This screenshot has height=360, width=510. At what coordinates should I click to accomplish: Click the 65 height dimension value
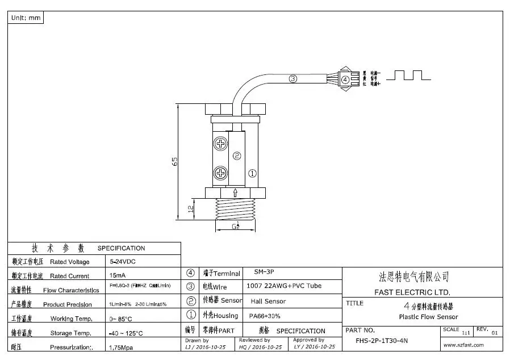(x=175, y=161)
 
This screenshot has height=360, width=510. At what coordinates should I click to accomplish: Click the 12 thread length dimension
(x=191, y=210)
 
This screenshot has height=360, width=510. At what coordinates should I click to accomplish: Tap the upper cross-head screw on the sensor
(x=219, y=143)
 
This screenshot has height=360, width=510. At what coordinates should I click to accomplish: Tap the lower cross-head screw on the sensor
(x=219, y=172)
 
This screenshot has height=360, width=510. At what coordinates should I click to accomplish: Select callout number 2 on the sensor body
(x=237, y=156)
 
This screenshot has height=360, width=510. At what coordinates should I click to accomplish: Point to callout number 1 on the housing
(x=253, y=173)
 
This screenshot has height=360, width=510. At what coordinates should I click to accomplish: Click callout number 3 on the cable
(x=292, y=79)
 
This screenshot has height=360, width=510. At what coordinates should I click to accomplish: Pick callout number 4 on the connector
(x=345, y=79)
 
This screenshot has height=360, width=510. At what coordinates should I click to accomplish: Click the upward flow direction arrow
(x=236, y=192)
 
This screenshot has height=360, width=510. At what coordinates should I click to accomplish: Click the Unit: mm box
(x=26, y=18)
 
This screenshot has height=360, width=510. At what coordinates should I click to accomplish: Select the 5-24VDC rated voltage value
(x=122, y=262)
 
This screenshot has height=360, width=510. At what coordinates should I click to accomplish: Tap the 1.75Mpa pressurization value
(x=120, y=346)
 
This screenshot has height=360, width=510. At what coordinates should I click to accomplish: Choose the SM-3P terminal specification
(x=264, y=273)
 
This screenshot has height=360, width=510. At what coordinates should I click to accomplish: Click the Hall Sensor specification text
(x=268, y=301)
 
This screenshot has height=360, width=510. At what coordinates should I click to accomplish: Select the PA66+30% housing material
(x=265, y=315)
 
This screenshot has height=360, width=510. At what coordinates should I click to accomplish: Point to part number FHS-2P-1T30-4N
(x=382, y=341)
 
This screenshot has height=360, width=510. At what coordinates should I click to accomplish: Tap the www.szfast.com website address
(x=463, y=345)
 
